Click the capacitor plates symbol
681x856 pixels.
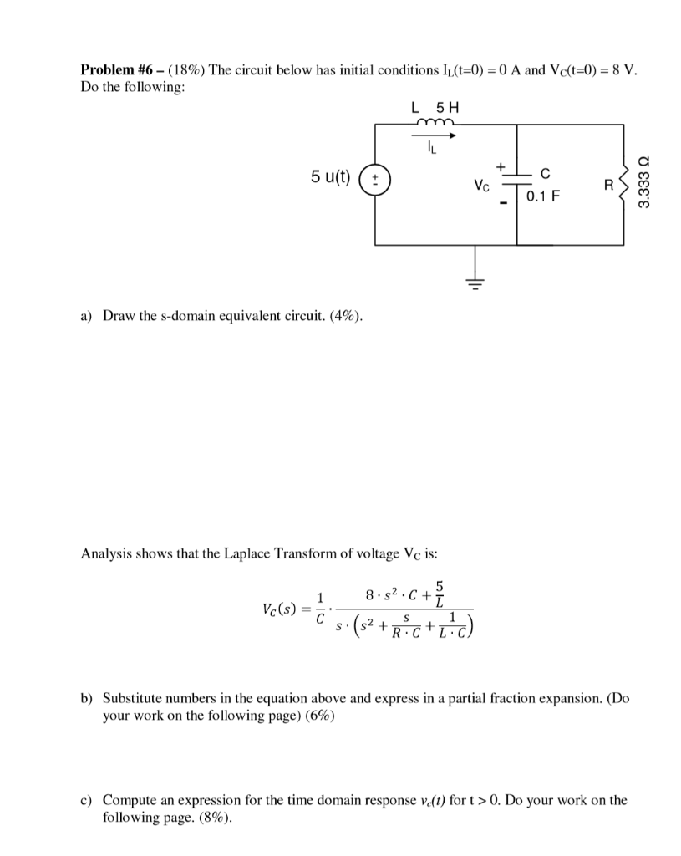pyautogui.click(x=517, y=179)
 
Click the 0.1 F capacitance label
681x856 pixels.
pyautogui.click(x=544, y=197)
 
